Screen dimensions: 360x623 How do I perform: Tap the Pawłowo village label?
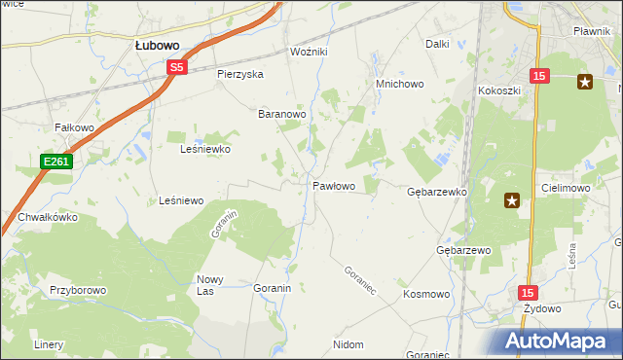pyautogui.click(x=333, y=185)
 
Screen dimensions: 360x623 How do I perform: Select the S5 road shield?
pyautogui.click(x=176, y=67)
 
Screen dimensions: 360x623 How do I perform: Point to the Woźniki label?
pyautogui.click(x=311, y=51)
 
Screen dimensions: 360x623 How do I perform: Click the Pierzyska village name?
pyautogui.click(x=240, y=74)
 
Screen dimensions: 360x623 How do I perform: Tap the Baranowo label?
pyautogui.click(x=282, y=114)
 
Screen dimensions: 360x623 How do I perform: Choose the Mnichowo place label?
pyautogui.click(x=400, y=85)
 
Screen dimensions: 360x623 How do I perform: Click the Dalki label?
pyautogui.click(x=437, y=44)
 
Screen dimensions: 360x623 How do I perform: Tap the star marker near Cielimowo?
pyautogui.click(x=512, y=201)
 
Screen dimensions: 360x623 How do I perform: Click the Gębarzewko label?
pyautogui.click(x=437, y=193)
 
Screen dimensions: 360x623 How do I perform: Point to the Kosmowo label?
pyautogui.click(x=425, y=293)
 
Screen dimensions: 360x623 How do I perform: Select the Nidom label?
pyautogui.click(x=348, y=344)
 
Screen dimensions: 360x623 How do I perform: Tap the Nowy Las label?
pyautogui.click(x=211, y=285)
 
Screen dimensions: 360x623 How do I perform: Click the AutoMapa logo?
pyautogui.click(x=558, y=340)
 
